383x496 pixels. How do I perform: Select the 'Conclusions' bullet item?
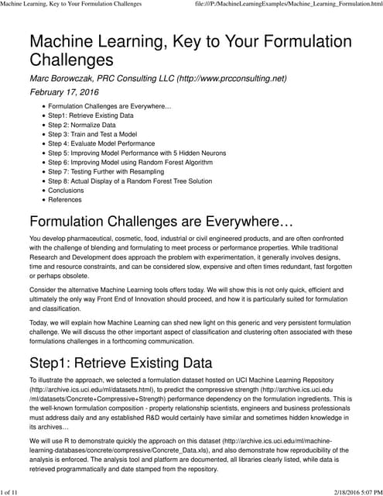click(66, 191)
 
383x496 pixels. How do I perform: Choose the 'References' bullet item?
click(65, 200)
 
